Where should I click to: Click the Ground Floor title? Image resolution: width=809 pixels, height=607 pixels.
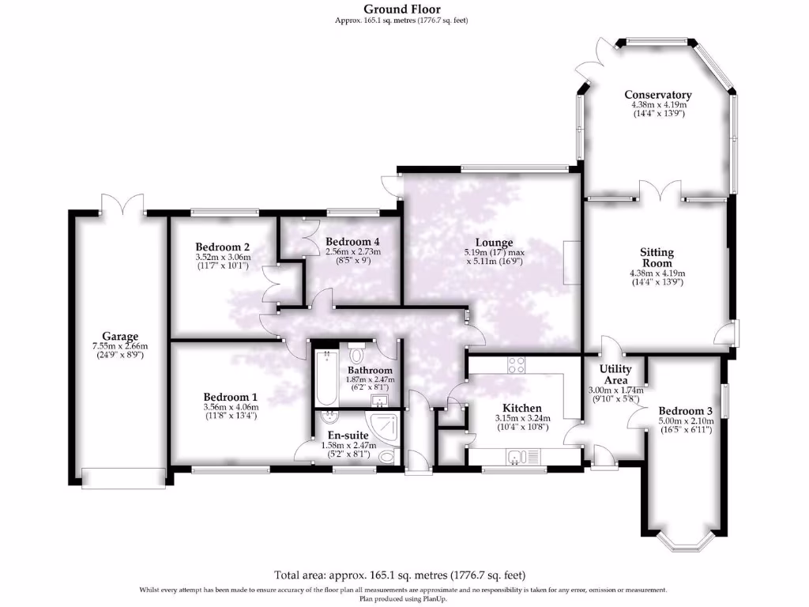(x=402, y=9)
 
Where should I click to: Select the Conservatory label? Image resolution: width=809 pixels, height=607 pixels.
(x=657, y=95)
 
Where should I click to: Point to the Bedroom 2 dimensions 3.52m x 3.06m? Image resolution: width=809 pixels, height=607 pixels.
(x=223, y=257)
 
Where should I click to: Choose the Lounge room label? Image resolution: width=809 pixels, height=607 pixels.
(x=494, y=243)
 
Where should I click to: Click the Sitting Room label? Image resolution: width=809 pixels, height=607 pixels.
(x=657, y=258)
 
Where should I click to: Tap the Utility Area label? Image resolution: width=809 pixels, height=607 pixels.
(x=615, y=375)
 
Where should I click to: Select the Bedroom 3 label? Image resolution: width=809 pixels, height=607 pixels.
(x=686, y=411)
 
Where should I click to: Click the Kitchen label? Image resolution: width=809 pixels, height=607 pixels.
(x=518, y=408)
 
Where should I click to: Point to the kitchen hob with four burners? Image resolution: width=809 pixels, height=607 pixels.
(x=516, y=364)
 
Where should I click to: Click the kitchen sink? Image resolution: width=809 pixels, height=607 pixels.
(x=515, y=456)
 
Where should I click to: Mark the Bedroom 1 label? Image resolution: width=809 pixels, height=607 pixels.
(x=230, y=397)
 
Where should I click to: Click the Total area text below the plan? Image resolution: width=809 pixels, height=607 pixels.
(x=400, y=575)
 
